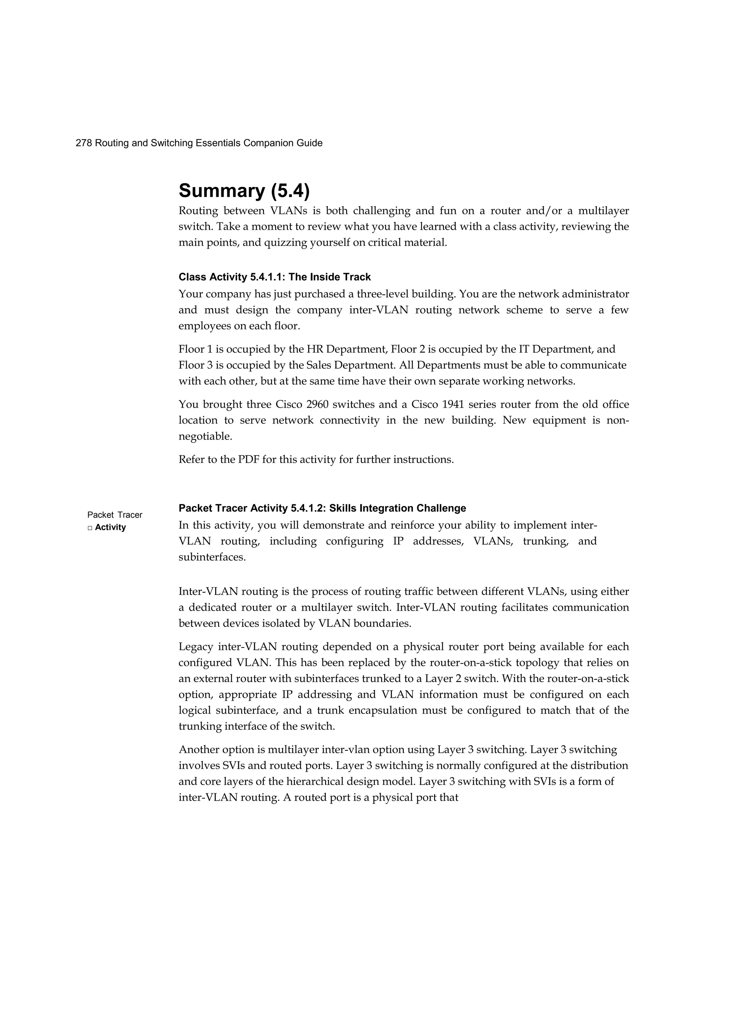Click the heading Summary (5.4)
click(x=244, y=190)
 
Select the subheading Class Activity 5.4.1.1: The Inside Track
click(x=275, y=277)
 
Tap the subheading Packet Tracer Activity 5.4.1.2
click(x=322, y=508)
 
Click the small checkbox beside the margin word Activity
click(x=90, y=528)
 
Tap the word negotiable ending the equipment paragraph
click(x=205, y=437)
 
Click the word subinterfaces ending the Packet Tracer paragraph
click(x=212, y=558)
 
